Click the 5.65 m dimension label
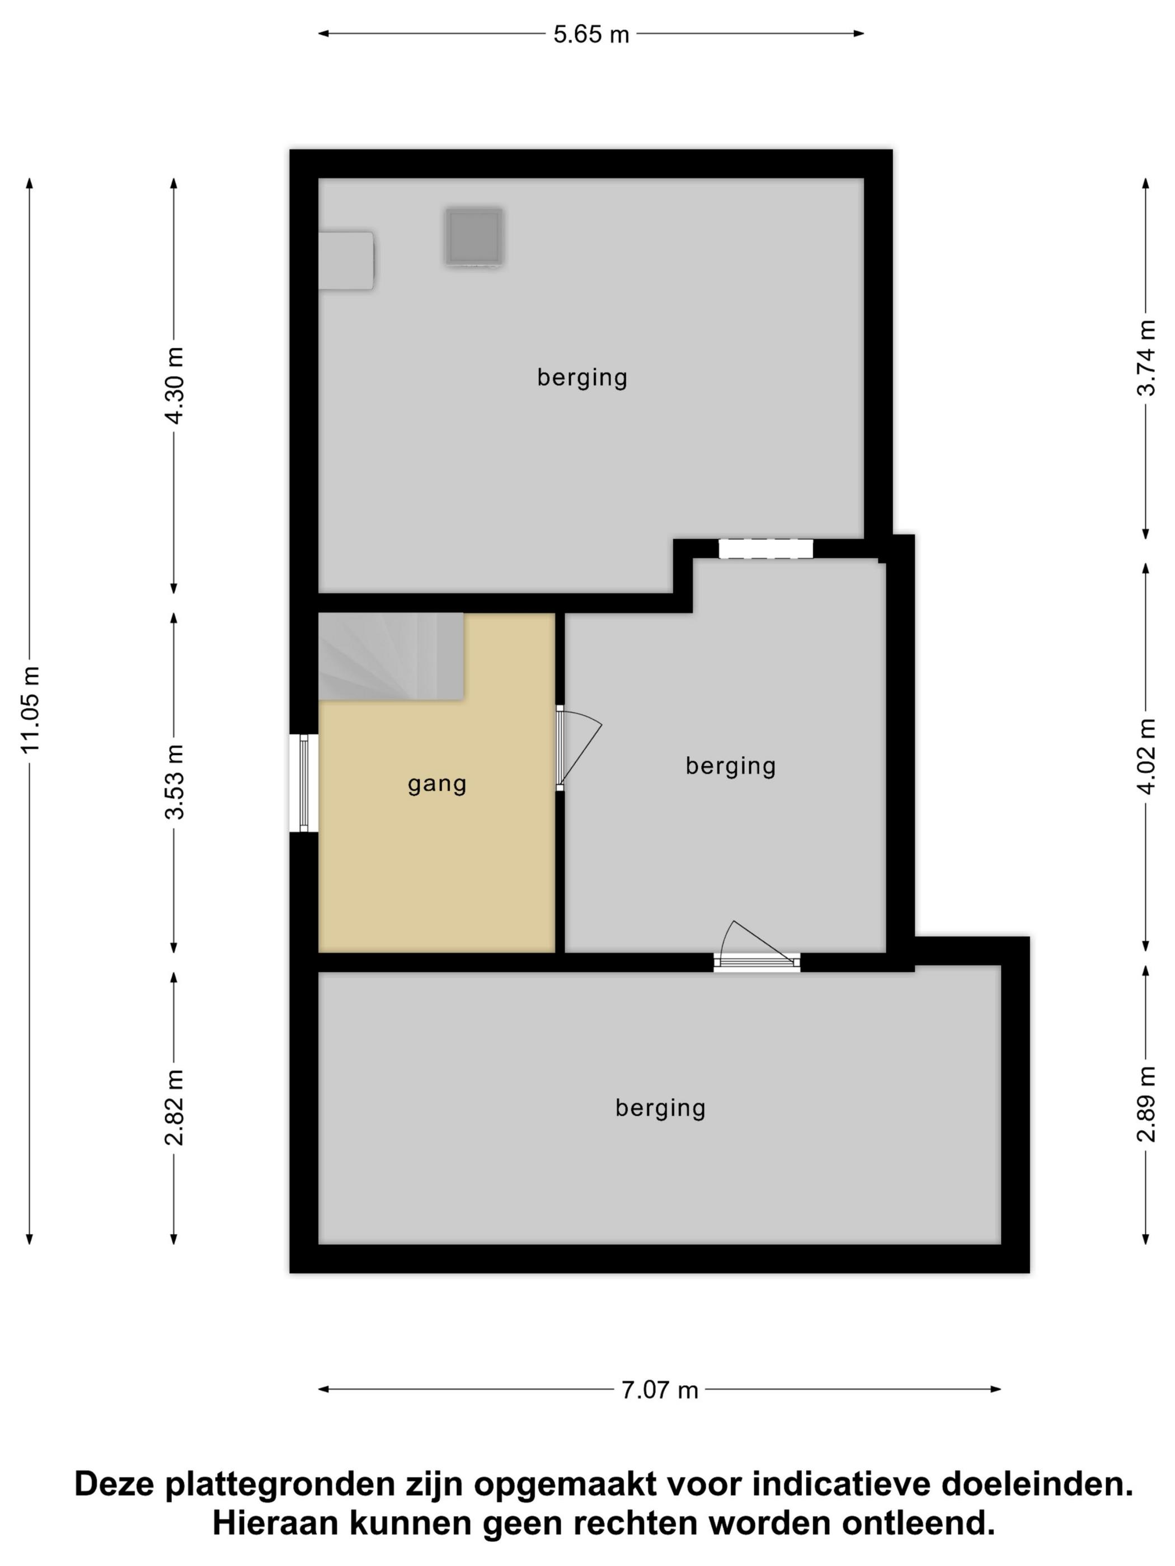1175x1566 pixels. [x=591, y=34]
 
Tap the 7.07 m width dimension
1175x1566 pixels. [x=659, y=1390]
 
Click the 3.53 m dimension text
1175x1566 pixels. [x=174, y=781]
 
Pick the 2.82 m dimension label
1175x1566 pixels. [x=174, y=1107]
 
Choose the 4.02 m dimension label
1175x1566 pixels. [x=1146, y=756]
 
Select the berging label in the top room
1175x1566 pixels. [x=582, y=378]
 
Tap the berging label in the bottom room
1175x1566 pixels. [x=660, y=1108]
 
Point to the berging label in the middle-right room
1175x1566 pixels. [x=730, y=766]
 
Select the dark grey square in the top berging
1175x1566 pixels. [x=474, y=237]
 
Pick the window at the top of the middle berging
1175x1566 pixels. [x=765, y=549]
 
